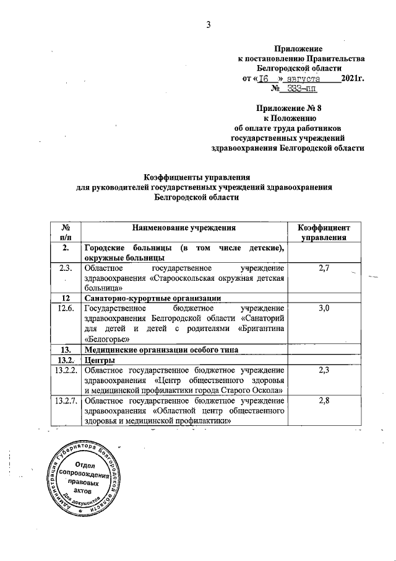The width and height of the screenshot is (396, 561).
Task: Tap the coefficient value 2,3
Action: point(324,370)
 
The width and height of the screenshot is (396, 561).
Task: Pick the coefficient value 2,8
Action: point(324,402)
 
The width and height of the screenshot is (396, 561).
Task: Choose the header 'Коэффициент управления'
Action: point(324,232)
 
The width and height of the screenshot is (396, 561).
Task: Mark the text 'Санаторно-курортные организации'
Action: point(152,296)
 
